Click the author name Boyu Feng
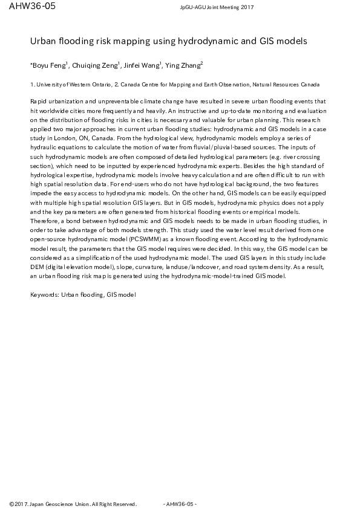click(x=50, y=65)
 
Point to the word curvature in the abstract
click(x=159, y=266)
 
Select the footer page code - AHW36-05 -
click(x=180, y=503)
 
